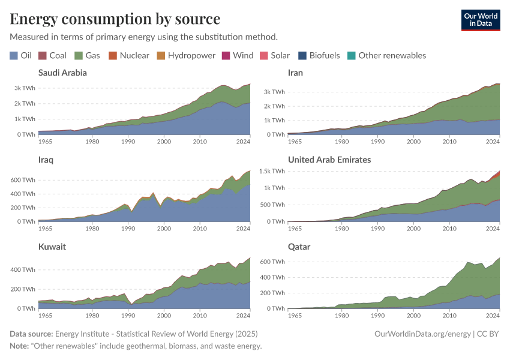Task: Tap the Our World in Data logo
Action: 480,20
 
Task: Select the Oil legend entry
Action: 21,55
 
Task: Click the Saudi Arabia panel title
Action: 62,73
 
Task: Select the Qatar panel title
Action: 299,247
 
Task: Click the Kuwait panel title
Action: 52,247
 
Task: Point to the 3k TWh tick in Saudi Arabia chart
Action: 24,88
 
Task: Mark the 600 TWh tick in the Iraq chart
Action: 22,180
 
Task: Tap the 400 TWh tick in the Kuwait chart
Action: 22,269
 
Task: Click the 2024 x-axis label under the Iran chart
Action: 492,141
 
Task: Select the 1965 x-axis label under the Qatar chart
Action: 295,315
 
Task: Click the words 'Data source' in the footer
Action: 31,334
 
